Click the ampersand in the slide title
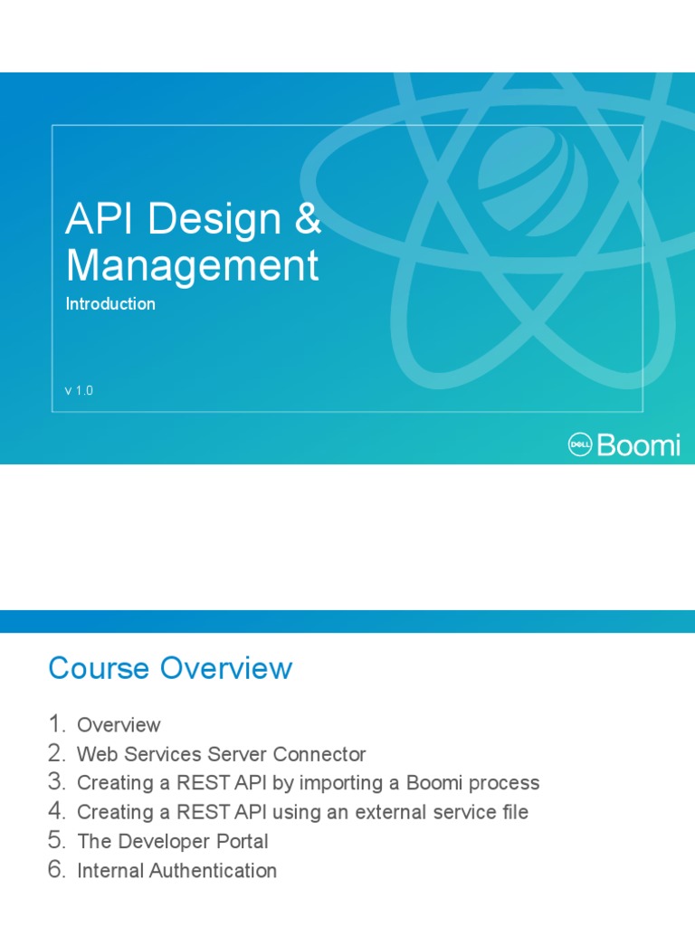point(308,221)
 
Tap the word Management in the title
point(192,266)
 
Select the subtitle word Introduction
point(110,304)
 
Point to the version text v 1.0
point(79,391)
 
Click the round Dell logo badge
point(579,444)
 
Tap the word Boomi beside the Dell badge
point(639,444)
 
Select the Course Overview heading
point(170,668)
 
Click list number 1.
point(58,724)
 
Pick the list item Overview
point(119,725)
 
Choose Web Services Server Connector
point(222,754)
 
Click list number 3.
point(58,782)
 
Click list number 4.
point(58,811)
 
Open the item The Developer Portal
point(173,841)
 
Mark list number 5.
point(58,840)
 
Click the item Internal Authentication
point(176,871)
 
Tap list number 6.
point(58,870)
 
